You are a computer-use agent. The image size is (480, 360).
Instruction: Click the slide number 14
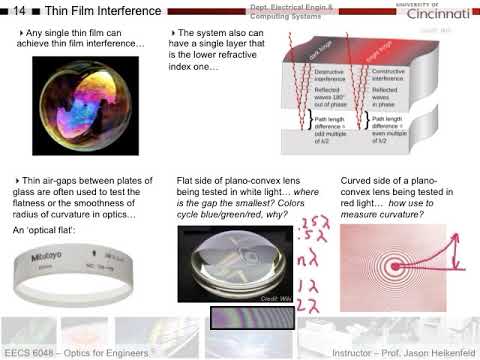coord(17,11)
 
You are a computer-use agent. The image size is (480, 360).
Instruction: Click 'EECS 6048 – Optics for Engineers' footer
coord(77,353)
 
